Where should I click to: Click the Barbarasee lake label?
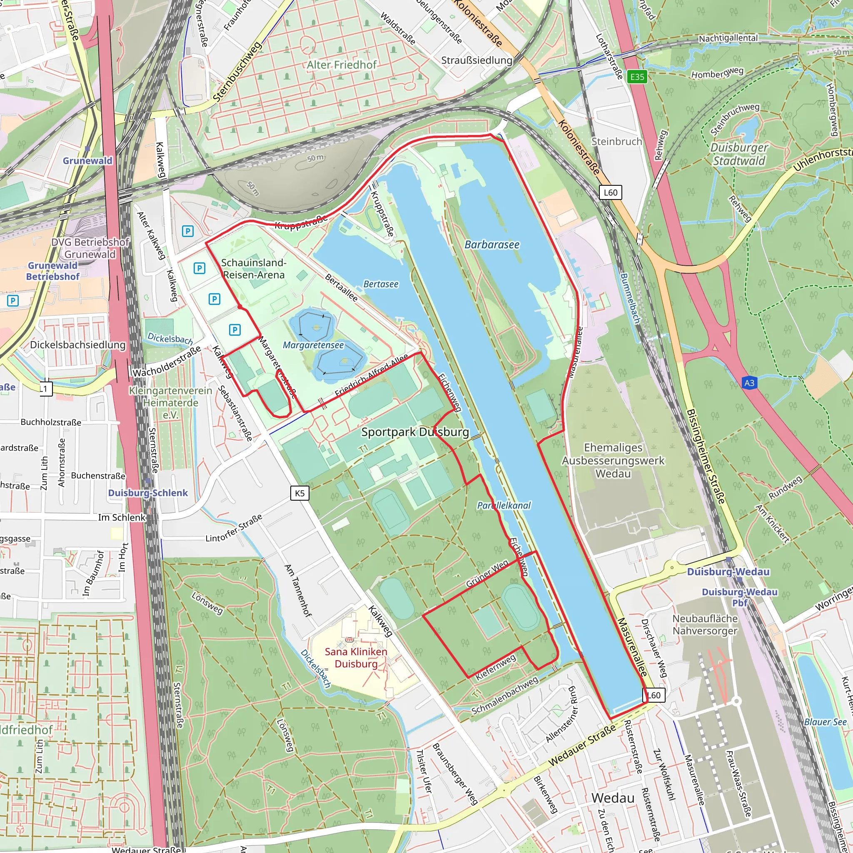[492, 244]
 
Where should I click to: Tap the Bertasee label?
[381, 284]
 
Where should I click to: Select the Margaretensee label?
[313, 345]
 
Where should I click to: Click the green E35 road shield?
[637, 77]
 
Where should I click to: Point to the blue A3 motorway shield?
[749, 383]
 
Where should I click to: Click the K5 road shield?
[300, 493]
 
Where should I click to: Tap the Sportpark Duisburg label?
[415, 432]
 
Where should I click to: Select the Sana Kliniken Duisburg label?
[356, 657]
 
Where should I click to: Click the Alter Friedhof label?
[342, 65]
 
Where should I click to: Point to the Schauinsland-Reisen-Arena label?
[253, 269]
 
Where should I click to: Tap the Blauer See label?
[825, 722]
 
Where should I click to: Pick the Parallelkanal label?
[504, 506]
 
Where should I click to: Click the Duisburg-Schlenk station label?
[148, 493]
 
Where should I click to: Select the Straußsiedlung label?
[476, 60]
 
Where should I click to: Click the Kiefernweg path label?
[495, 667]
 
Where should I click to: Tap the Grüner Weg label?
[487, 574]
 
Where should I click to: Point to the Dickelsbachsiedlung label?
[78, 344]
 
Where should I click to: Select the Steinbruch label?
[616, 142]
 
